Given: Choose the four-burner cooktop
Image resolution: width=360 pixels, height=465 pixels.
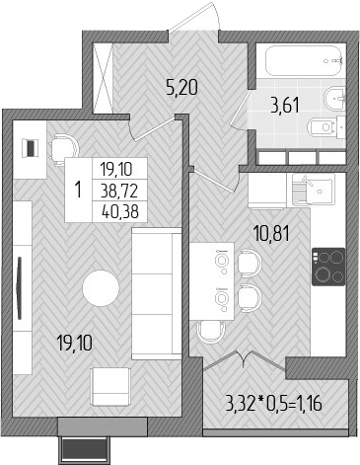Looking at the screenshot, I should click(x=327, y=265).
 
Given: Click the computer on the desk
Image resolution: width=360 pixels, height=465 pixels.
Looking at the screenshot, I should click(x=32, y=147).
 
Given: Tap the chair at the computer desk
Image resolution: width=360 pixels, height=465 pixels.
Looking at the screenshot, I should click(x=62, y=147).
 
